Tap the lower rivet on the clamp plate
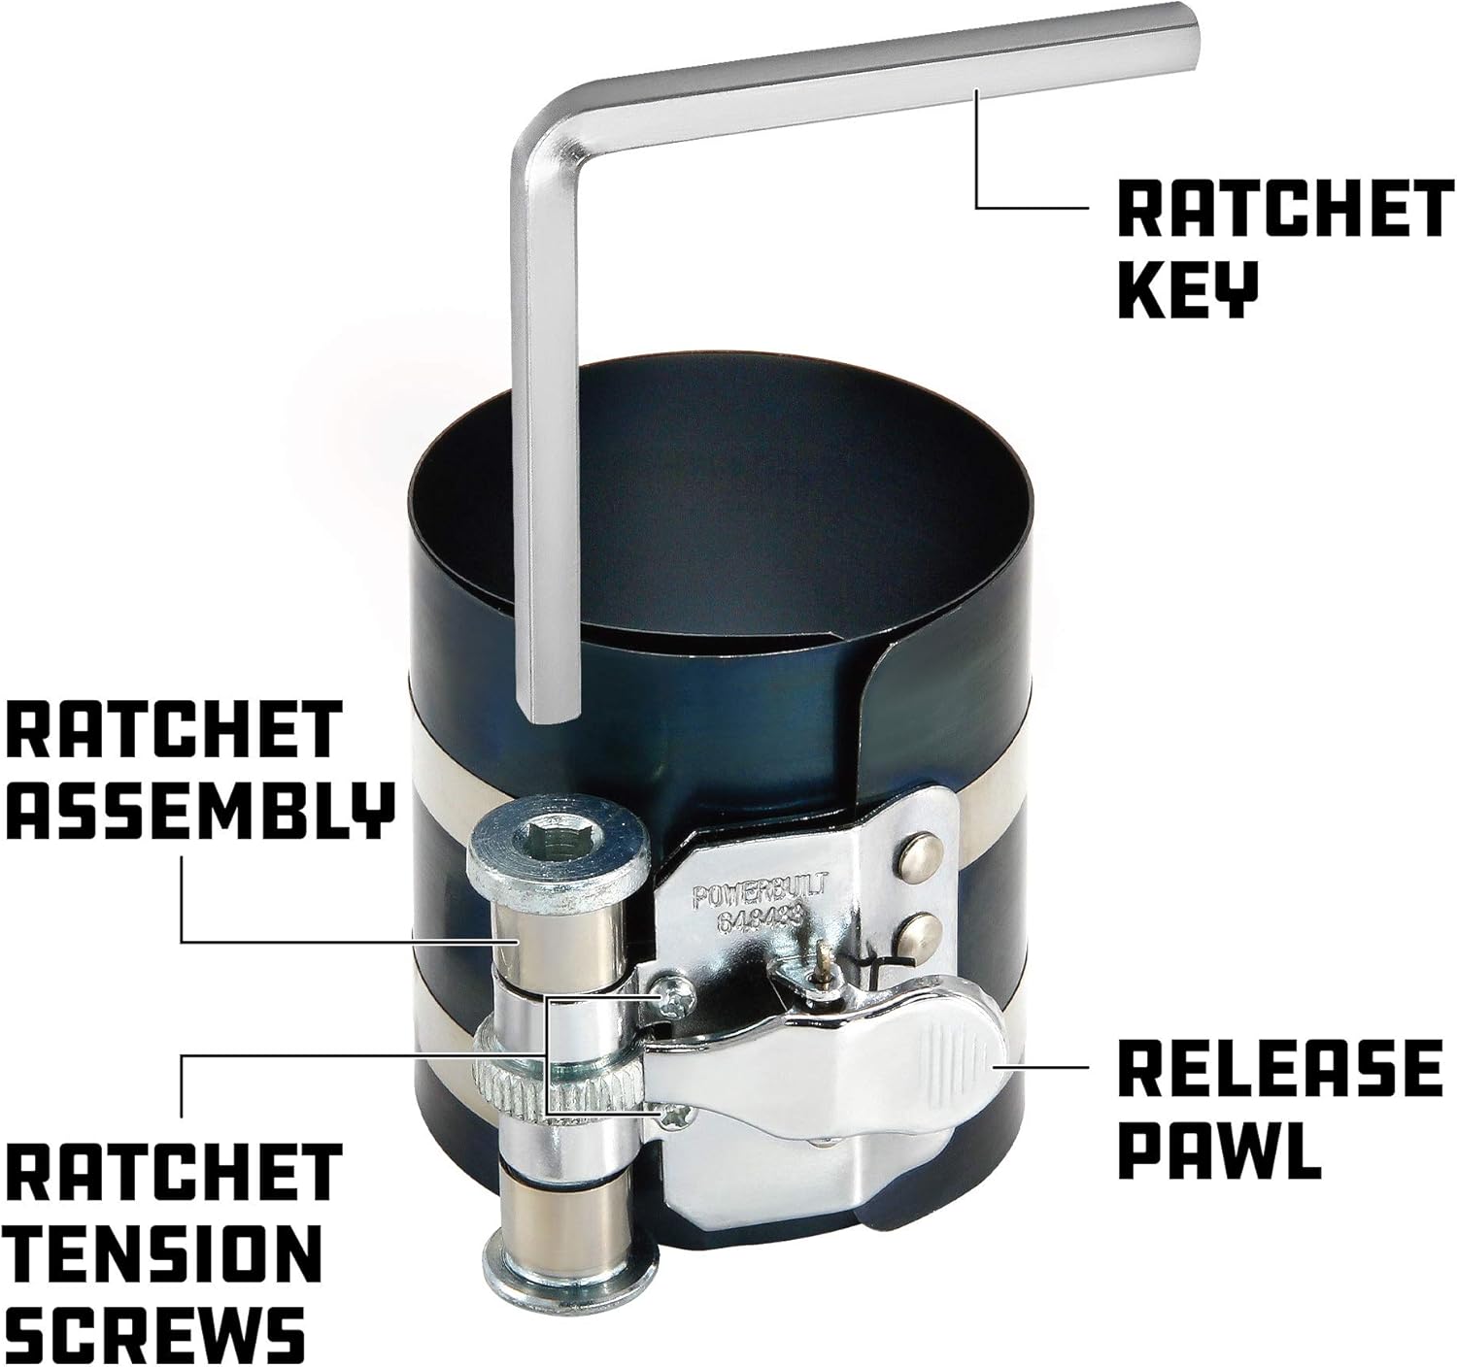click(x=919, y=934)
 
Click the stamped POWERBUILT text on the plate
click(x=760, y=892)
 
